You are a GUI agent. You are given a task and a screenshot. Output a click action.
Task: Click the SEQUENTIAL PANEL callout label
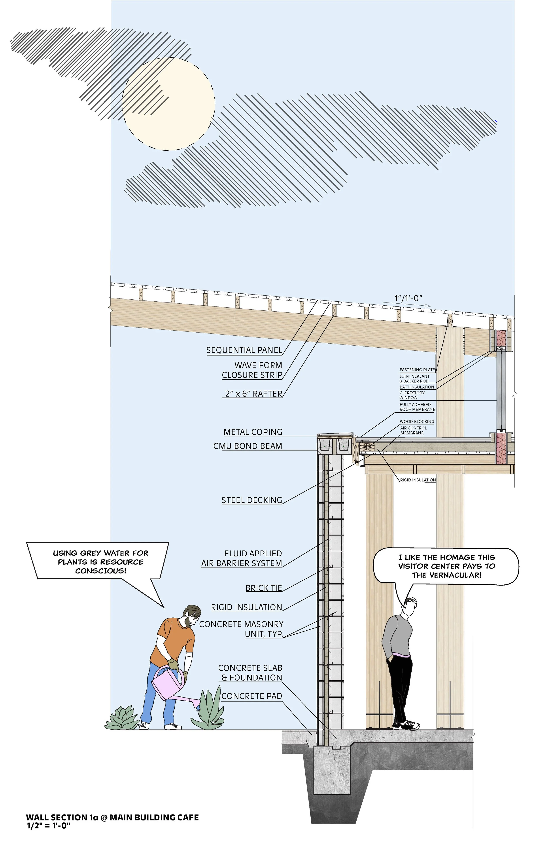click(x=244, y=350)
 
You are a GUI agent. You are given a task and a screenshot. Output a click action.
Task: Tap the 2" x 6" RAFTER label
click(x=253, y=394)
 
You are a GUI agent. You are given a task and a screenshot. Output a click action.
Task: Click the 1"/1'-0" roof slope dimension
click(x=408, y=298)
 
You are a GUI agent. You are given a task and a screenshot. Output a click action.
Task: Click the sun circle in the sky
click(x=168, y=104)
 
